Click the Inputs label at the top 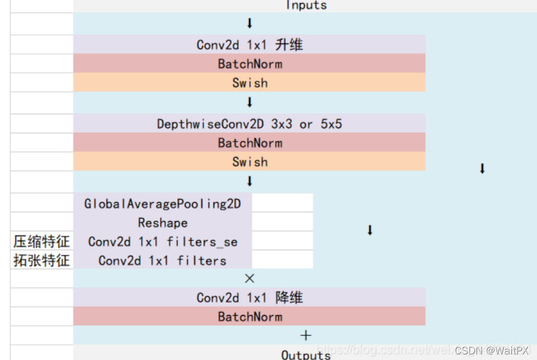click(306, 5)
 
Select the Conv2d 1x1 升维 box click(249, 45)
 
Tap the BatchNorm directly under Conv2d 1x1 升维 click(249, 64)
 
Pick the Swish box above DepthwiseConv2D click(249, 83)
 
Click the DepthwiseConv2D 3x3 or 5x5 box click(249, 124)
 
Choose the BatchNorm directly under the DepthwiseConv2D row click(249, 143)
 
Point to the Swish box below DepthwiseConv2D click(249, 162)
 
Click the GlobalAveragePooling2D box click(162, 203)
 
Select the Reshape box click(162, 222)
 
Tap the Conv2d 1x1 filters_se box click(162, 242)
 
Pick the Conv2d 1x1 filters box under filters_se click(162, 260)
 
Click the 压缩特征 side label click(41, 242)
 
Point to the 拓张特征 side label click(41, 260)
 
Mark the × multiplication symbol click(250, 278)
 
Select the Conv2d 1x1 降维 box click(249, 298)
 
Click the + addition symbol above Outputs click(306, 335)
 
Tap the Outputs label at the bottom click(306, 354)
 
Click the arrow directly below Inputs click(250, 23)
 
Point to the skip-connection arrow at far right click(482, 169)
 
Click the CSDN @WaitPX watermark click(492, 350)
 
